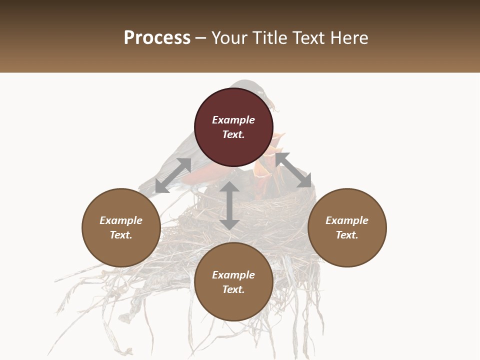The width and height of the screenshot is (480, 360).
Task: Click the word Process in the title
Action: [x=157, y=38]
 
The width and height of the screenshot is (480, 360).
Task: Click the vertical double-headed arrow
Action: [x=229, y=205]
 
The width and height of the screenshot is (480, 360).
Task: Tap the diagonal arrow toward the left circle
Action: [x=173, y=175]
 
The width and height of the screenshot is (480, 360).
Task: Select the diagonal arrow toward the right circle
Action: [x=293, y=170]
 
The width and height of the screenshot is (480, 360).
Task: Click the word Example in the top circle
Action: [x=233, y=120]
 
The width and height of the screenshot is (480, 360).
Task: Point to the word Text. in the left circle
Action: [x=121, y=235]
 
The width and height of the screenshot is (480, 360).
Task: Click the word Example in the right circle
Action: [x=347, y=220]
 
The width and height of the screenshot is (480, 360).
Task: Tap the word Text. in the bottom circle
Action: [x=233, y=289]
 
